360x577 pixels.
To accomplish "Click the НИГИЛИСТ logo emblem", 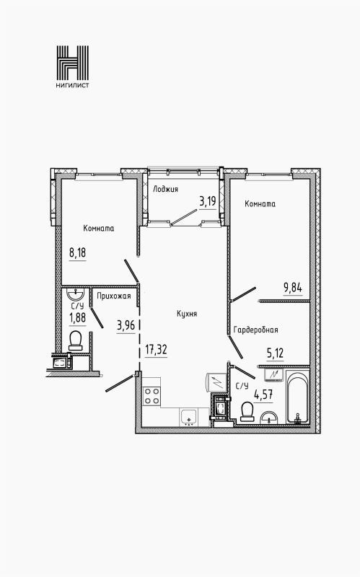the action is tap(73, 63).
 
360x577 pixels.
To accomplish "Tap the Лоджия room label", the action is tap(166, 189).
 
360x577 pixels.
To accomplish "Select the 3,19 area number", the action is tap(208, 202).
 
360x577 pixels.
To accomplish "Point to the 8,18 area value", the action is tap(78, 253).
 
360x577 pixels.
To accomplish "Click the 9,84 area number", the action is tap(293, 288).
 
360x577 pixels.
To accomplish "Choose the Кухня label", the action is tap(187, 314).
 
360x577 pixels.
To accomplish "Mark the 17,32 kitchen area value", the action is tap(156, 350).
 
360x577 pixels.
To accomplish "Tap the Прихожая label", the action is tap(114, 296).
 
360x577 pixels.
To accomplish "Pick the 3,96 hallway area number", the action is tap(126, 326).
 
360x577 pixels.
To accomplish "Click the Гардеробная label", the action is tap(256, 330).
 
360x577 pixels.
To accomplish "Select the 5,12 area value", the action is tap(276, 353).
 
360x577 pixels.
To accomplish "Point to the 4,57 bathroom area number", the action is tap(263, 395).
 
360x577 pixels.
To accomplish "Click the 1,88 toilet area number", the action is tap(77, 317).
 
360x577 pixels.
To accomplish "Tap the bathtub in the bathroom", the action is tap(298, 398).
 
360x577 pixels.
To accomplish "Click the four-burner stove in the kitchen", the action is tap(152, 396).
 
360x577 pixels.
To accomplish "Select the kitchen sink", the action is tap(189, 418).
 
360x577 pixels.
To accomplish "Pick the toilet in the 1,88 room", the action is tap(76, 340).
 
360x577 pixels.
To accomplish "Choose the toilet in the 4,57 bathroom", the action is tap(246, 411).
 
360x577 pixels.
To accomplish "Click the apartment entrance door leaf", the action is tap(120, 383).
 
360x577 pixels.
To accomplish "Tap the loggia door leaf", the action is tap(184, 217).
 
